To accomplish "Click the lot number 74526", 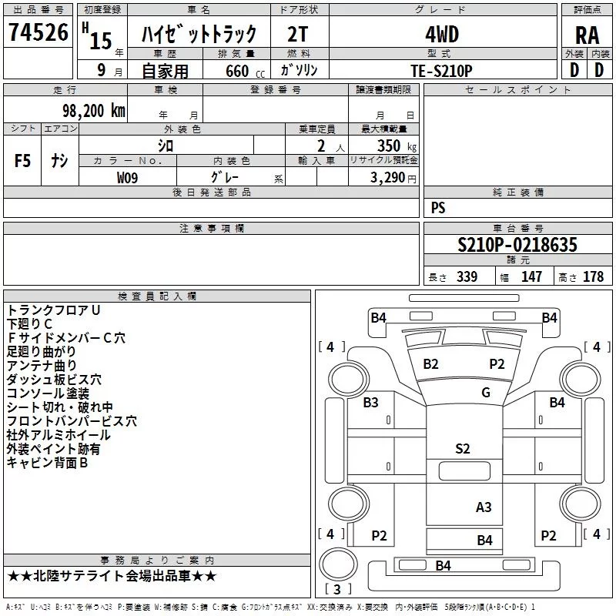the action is click(37, 34).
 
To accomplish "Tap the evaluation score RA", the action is click(587, 35).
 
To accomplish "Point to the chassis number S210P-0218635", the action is click(517, 245).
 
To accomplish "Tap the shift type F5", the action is click(22, 161).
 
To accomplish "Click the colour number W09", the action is click(127, 177).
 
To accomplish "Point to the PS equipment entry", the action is click(438, 208).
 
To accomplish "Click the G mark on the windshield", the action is click(485, 393).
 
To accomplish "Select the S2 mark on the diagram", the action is click(463, 449).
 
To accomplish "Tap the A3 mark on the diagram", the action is click(484, 507).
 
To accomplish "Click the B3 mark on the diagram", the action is click(371, 402).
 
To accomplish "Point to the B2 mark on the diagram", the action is click(430, 363).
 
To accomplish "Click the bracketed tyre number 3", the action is click(337, 590).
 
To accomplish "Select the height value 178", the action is click(593, 277).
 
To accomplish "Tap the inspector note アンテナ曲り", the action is click(42, 365).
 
